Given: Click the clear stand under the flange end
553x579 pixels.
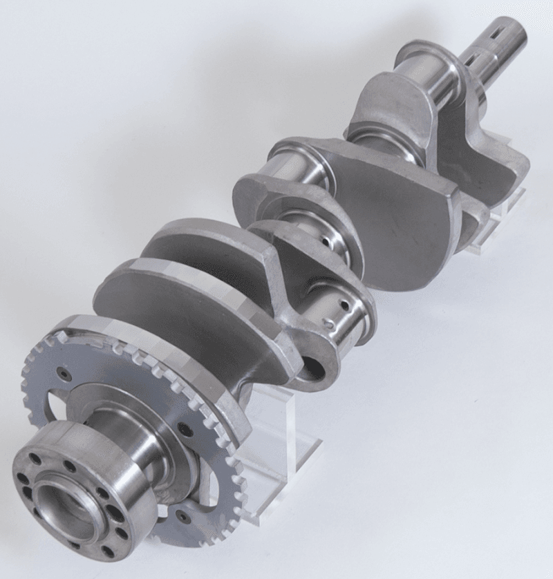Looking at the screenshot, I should coord(276,442).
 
